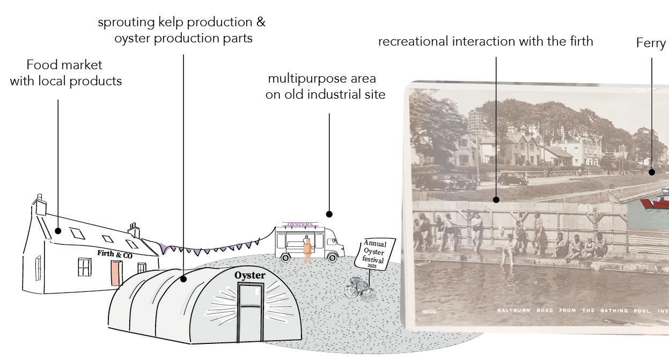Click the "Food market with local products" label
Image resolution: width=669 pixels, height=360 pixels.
point(66,73)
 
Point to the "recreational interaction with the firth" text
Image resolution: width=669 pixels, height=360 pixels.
point(486,41)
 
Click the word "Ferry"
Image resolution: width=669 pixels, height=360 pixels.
point(651,43)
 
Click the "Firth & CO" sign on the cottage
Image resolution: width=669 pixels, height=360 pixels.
point(114,254)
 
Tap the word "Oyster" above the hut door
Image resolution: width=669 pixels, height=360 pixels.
point(249,275)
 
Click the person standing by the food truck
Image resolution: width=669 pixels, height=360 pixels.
point(307,249)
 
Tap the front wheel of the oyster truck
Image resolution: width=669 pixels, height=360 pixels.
point(333,258)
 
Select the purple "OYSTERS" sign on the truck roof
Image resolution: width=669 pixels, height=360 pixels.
point(300,224)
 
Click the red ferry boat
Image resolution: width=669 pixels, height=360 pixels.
point(657,202)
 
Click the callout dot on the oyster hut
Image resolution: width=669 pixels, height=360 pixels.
point(183,279)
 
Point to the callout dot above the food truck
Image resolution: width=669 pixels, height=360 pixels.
point(329,214)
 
